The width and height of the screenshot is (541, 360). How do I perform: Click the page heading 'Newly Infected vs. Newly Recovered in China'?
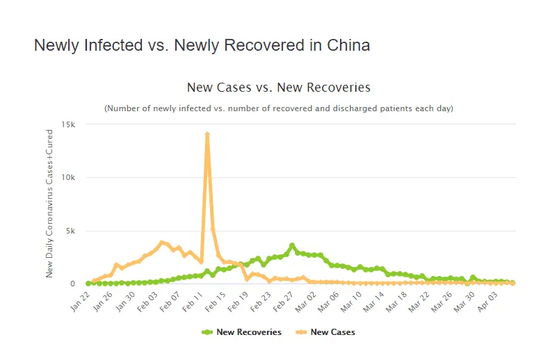tap(202, 46)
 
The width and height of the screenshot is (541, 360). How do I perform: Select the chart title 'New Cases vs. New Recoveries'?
tap(278, 88)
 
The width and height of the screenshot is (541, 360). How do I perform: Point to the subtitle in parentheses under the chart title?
tap(278, 108)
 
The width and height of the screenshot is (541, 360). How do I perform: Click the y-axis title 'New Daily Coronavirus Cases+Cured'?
tap(49, 203)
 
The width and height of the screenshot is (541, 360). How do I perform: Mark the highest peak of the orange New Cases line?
tap(207, 134)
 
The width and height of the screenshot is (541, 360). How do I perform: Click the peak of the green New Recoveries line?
tap(292, 245)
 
